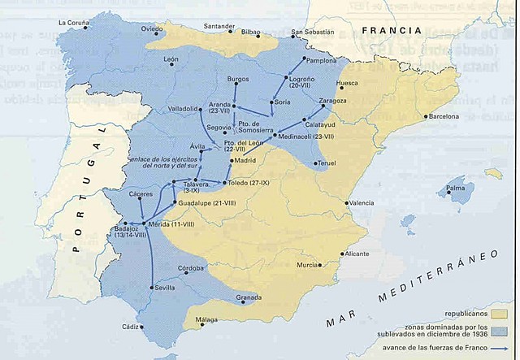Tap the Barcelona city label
click(444, 116)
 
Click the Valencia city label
click(362, 202)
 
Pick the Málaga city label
click(207, 320)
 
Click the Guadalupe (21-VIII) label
click(206, 202)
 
